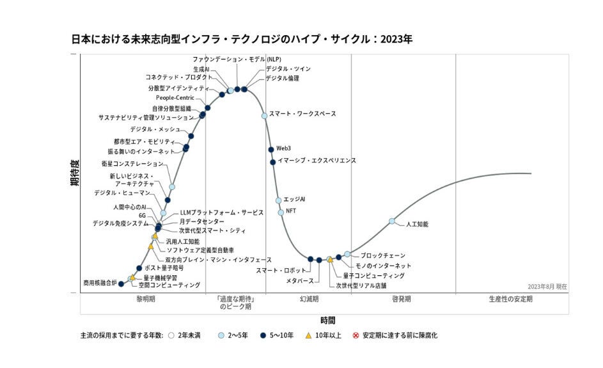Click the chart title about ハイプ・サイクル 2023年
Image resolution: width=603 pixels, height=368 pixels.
tap(242, 39)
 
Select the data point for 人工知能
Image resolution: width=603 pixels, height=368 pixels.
tap(392, 221)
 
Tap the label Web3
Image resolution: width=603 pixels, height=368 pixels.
tap(283, 148)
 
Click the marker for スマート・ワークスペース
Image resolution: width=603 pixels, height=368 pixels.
tap(264, 116)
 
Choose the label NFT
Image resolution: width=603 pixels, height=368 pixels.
tap(291, 211)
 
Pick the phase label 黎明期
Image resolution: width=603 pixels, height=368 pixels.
tap(145, 299)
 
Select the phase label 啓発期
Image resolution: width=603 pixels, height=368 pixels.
tap(401, 299)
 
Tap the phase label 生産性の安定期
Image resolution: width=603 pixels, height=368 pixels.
tap(510, 299)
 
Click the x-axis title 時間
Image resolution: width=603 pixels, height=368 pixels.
tap(327, 320)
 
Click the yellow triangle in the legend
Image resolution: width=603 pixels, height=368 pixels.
tap(308, 335)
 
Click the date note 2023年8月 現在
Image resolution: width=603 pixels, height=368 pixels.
tap(547, 287)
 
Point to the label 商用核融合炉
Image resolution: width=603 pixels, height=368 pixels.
tap(100, 282)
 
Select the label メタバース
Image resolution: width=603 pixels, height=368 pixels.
tap(300, 280)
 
